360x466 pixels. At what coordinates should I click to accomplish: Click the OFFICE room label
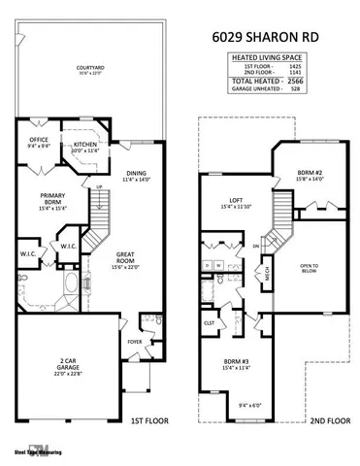click(x=39, y=142)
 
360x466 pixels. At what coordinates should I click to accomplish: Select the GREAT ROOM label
click(x=128, y=257)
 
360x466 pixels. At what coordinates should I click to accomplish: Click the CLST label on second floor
click(x=209, y=324)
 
